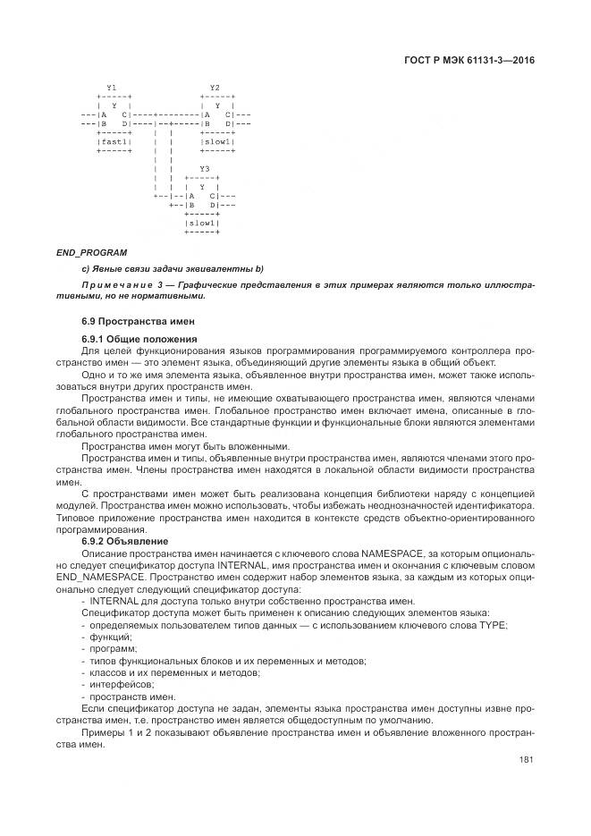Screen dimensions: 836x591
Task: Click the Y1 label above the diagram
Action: coord(111,88)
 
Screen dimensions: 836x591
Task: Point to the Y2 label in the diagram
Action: coord(215,88)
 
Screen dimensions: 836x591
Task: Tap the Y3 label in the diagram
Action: coord(205,168)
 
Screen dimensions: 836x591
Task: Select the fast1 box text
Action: coord(114,141)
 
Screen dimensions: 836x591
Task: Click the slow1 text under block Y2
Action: coord(217,141)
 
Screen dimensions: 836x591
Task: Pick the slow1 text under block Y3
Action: coord(202,223)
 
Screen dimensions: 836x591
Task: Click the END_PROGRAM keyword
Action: coord(91,252)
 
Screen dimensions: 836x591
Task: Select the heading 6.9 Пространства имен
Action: coord(138,320)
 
